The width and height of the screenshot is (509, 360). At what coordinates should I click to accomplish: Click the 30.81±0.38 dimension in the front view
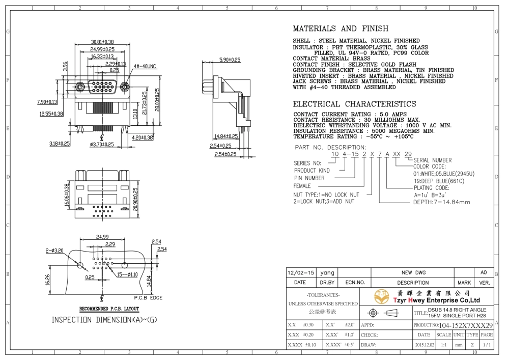click(x=102, y=42)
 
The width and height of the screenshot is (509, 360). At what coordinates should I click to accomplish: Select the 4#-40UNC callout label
click(x=145, y=66)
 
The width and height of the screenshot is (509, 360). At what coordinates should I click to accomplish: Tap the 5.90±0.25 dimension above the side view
click(x=230, y=60)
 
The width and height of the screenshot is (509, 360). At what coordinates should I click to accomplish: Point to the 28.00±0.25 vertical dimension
click(x=157, y=100)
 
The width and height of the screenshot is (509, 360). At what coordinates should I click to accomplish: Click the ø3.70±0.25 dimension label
click(x=102, y=145)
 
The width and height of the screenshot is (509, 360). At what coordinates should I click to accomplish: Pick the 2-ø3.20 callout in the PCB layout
click(x=54, y=251)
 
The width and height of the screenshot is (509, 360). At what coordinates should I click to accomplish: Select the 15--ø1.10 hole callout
click(x=127, y=274)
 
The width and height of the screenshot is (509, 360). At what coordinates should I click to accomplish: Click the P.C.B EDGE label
click(x=148, y=298)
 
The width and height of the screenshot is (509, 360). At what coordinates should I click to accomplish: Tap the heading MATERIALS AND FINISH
click(x=341, y=29)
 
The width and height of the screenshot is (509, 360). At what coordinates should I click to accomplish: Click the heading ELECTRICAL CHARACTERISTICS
click(x=354, y=104)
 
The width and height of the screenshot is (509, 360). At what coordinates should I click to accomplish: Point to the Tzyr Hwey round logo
click(x=382, y=296)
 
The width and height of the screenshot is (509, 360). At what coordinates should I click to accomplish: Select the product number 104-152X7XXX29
click(x=466, y=325)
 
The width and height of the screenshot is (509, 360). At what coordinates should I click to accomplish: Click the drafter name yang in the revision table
click(x=327, y=273)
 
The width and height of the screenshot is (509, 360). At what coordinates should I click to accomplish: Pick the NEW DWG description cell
click(x=413, y=273)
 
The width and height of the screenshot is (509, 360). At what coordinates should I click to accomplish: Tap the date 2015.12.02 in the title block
click(x=425, y=345)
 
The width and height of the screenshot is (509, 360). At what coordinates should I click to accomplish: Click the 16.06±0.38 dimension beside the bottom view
click(x=67, y=195)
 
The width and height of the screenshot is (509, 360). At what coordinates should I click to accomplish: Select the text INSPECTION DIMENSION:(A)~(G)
click(x=104, y=320)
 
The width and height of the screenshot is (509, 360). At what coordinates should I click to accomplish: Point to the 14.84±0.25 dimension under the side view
click(x=226, y=136)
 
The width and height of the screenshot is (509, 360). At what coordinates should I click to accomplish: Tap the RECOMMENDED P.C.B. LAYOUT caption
click(x=109, y=309)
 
